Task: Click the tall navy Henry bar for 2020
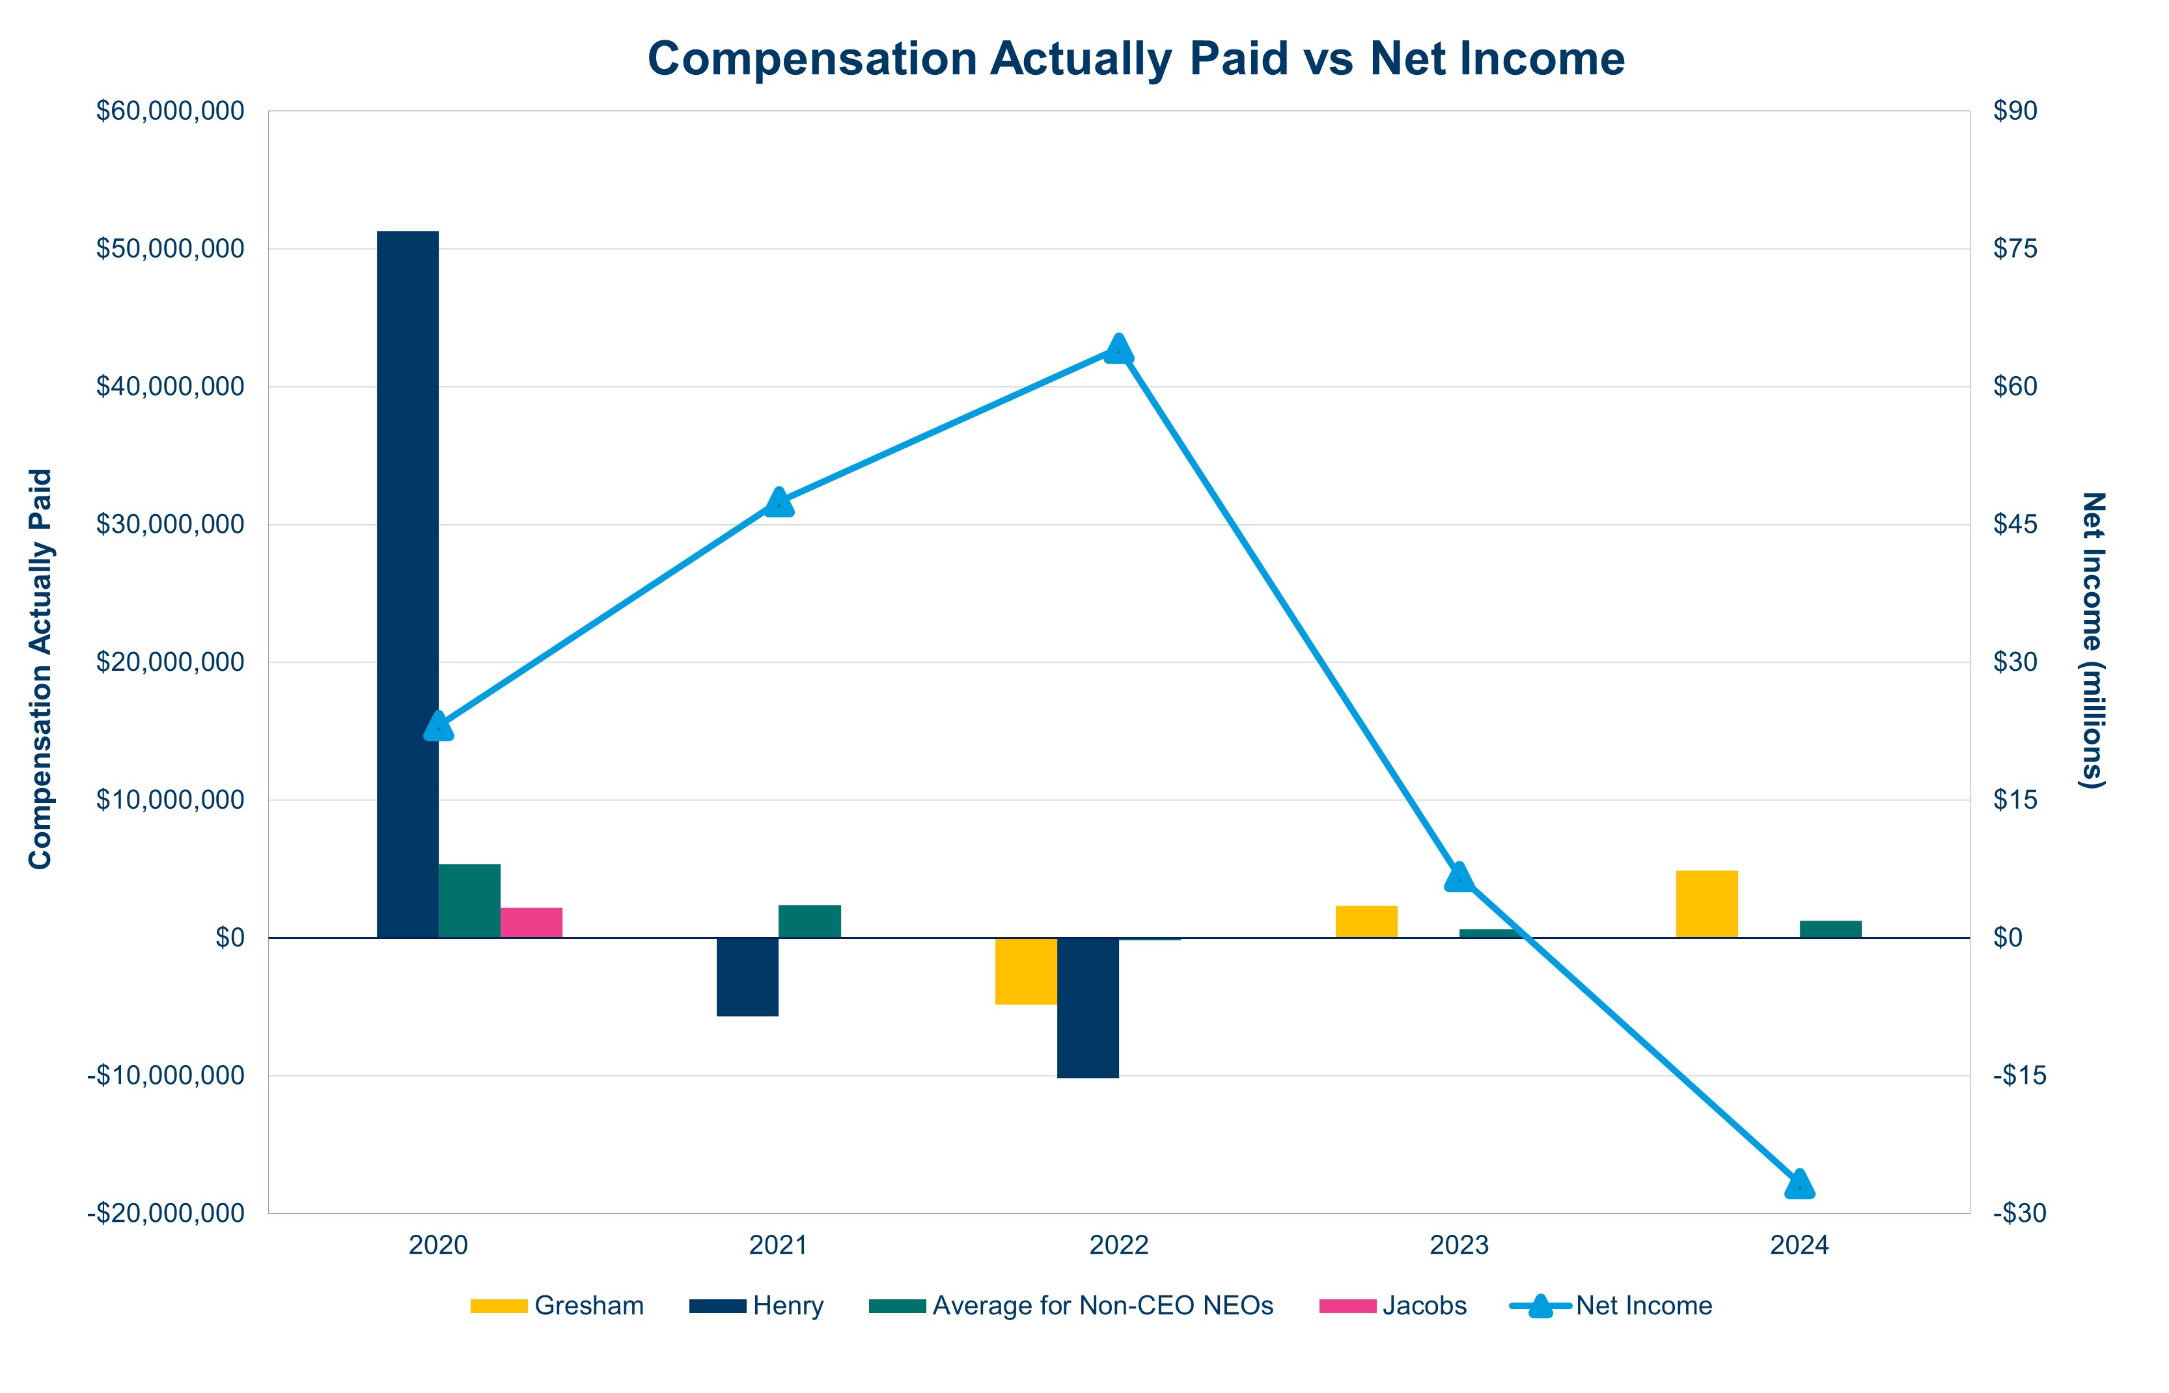pyautogui.click(x=408, y=584)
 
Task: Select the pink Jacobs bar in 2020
pyautogui.click(x=531, y=923)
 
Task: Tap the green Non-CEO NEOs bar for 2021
pyautogui.click(x=809, y=921)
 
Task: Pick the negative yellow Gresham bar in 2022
pyautogui.click(x=1025, y=971)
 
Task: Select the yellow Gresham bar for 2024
pyautogui.click(x=1707, y=904)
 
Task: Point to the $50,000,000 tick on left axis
pyautogui.click(x=170, y=249)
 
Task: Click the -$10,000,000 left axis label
pyautogui.click(x=165, y=1075)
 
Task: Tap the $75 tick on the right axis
pyautogui.click(x=2015, y=249)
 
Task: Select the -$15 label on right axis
pyautogui.click(x=2019, y=1075)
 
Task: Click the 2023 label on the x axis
pyautogui.click(x=1459, y=1245)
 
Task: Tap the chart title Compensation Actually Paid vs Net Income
pyautogui.click(x=1136, y=59)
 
